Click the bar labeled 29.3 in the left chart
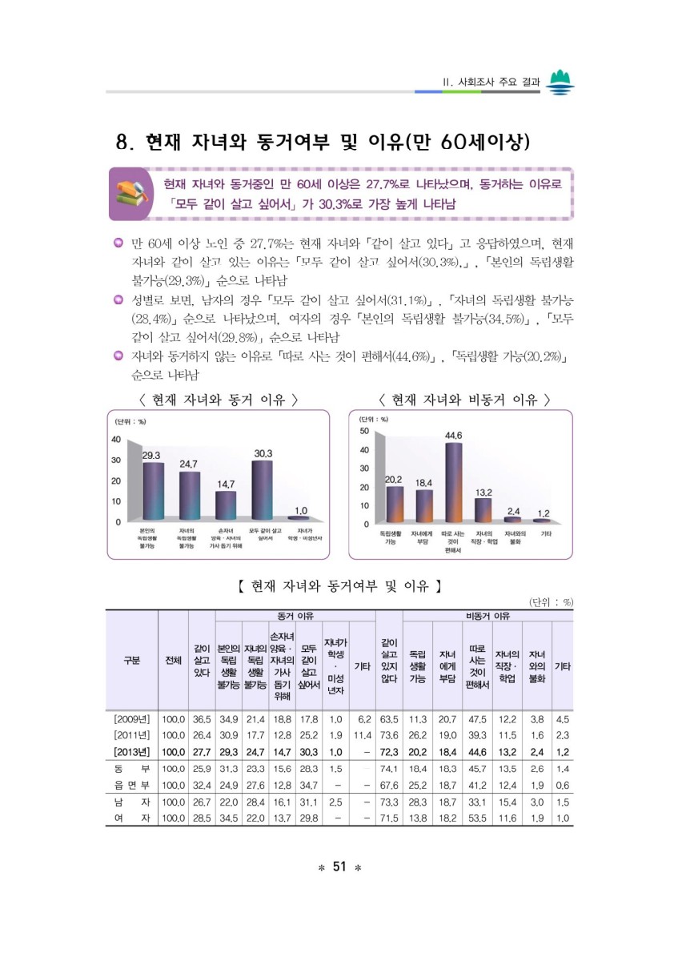(153, 491)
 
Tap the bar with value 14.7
(226, 505)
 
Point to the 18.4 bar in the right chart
(424, 505)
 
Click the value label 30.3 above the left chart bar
(263, 452)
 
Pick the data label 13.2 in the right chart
(483, 491)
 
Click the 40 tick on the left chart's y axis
(116, 440)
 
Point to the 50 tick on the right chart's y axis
(363, 431)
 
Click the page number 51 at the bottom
(339, 867)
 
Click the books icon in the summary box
(131, 193)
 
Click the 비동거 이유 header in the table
(487, 615)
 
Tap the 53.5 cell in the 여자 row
(478, 818)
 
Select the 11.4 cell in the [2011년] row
(363, 735)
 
